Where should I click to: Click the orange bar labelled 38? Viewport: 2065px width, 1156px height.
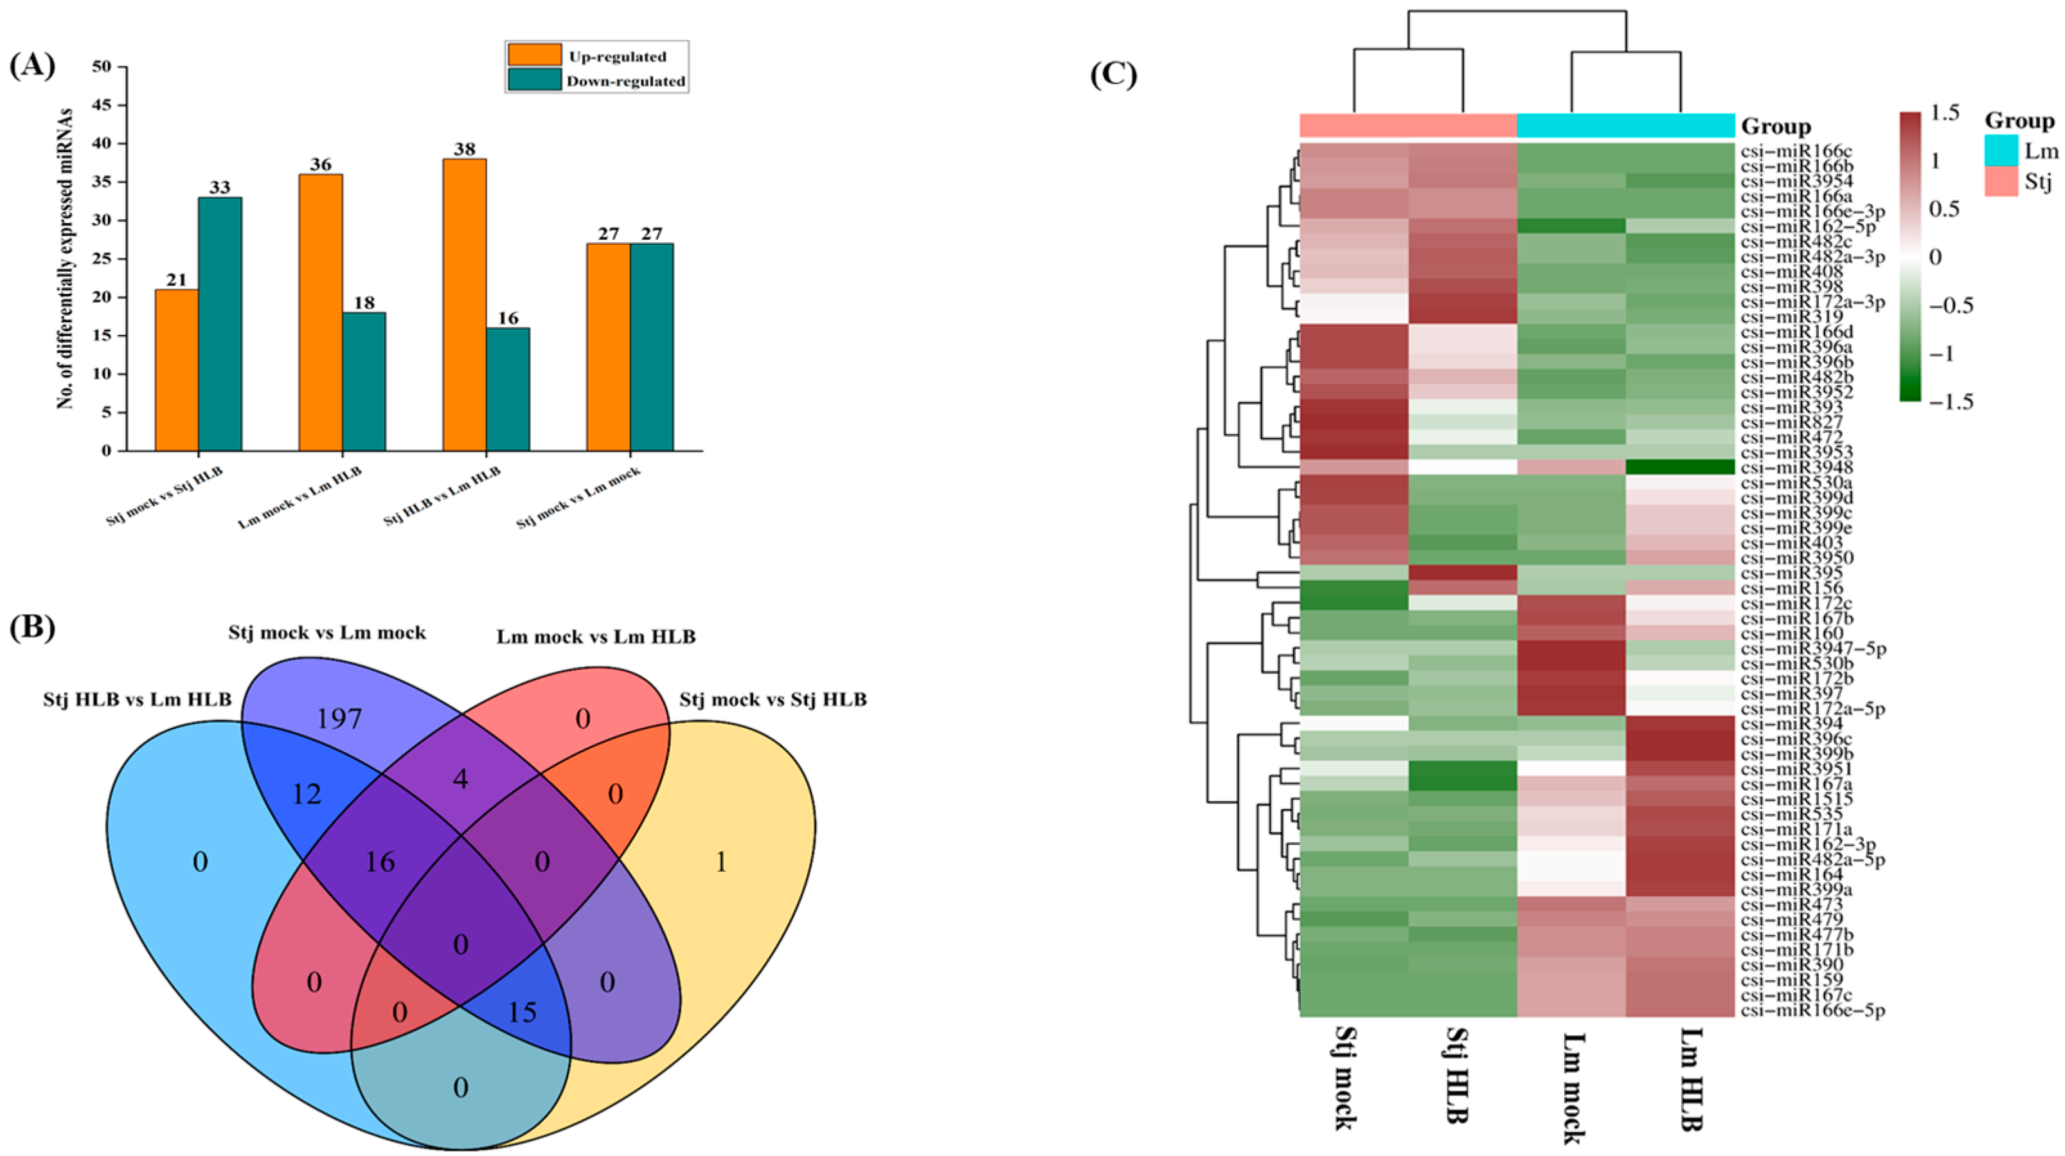click(464, 305)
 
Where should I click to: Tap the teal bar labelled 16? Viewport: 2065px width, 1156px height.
click(508, 389)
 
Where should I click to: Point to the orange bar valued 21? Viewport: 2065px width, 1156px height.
click(176, 370)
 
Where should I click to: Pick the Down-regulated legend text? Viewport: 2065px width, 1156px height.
click(625, 81)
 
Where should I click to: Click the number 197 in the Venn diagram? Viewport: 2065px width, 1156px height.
click(340, 719)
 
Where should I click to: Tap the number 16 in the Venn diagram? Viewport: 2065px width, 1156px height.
click(380, 862)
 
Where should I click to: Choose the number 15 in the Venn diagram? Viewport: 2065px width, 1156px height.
click(522, 1013)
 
